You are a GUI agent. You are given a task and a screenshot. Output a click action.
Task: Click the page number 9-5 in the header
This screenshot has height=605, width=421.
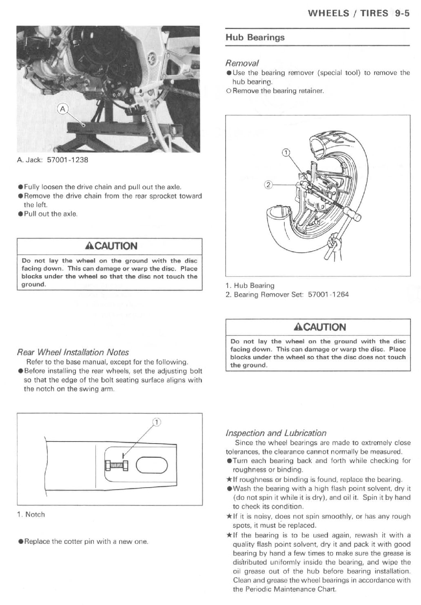tap(402, 13)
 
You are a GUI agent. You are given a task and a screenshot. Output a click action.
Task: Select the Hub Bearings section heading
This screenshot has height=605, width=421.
tap(255, 38)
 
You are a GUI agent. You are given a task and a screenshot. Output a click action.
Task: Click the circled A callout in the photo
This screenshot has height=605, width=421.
tap(63, 109)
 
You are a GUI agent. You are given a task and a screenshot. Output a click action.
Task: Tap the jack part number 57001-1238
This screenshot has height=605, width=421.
tap(68, 160)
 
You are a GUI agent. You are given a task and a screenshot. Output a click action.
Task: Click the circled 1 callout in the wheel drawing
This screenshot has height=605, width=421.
tap(286, 152)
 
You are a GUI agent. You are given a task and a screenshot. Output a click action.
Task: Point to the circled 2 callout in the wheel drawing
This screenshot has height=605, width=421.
tap(268, 185)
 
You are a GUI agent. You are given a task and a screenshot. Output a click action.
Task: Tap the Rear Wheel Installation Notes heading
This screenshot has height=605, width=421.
tap(73, 352)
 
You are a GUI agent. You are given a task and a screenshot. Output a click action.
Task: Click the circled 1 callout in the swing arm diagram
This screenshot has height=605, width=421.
tap(157, 422)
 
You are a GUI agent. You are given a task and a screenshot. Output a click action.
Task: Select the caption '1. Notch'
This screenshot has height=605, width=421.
tap(31, 514)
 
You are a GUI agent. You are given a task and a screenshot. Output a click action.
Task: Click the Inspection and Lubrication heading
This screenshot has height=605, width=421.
tap(276, 433)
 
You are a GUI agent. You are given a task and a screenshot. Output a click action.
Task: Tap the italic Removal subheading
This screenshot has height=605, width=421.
tap(242, 63)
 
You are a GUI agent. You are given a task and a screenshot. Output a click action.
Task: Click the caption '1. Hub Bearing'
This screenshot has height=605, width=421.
tap(250, 285)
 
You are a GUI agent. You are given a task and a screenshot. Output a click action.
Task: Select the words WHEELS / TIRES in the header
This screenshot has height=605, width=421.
tap(348, 13)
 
